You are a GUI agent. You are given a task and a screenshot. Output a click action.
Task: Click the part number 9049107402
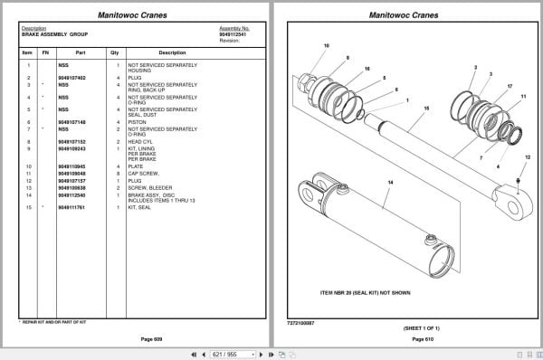[71, 78]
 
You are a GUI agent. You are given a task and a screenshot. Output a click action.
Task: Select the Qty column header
[115, 52]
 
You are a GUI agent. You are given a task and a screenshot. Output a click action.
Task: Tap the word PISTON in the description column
[138, 121]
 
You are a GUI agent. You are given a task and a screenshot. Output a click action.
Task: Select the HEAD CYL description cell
[140, 141]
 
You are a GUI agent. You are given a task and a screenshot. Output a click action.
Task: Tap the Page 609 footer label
[138, 338]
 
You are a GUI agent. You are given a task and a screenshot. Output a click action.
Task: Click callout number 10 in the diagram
[326, 45]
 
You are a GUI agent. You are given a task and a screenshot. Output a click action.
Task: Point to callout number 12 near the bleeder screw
[528, 156]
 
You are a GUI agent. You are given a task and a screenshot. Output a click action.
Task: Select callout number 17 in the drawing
[510, 86]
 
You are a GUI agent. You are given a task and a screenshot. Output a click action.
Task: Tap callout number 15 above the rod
[425, 108]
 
